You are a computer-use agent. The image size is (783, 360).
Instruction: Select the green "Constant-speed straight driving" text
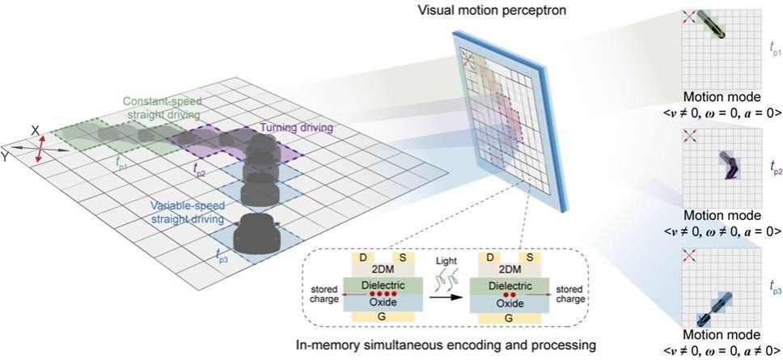tap(162, 109)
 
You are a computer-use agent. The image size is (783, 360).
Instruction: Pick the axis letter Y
tap(6, 156)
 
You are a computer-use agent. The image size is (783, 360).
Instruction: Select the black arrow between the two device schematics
tap(440, 297)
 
